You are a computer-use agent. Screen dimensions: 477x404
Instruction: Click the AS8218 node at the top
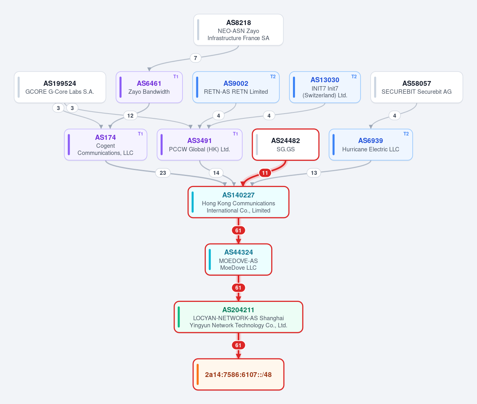pos(238,30)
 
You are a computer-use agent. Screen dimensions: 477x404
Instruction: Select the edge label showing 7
pos(196,58)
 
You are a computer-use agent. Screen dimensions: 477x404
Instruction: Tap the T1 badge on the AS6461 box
pos(176,77)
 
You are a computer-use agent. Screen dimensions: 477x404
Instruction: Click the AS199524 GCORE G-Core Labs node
pos(60,87)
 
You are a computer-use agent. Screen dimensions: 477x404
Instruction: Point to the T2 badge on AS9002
pos(273,77)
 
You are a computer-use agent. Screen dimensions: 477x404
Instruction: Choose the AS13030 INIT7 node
pos(325,87)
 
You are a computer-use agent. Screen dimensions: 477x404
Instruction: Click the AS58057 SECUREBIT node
pos(417,87)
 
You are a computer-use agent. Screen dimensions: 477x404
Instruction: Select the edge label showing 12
pos(130,116)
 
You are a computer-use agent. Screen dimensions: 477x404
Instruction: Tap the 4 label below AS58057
pos(395,116)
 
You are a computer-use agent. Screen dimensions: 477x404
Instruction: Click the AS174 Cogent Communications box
pos(106,145)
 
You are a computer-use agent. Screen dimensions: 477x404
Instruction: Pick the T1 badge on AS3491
pos(235,134)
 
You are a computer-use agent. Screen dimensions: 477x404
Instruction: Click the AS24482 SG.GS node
pos(286,145)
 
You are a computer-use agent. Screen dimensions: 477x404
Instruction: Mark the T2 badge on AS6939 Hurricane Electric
pos(406,134)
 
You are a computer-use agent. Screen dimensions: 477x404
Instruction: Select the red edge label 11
pos(265,173)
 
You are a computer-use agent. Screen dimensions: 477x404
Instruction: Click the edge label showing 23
pos(163,173)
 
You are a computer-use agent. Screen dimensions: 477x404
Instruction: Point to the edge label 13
pos(314,173)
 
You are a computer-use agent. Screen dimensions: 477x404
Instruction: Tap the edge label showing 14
pos(216,173)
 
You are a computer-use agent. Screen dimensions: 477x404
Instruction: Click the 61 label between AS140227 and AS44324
pos(238,230)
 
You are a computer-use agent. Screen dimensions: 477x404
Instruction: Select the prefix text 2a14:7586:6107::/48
pos(238,375)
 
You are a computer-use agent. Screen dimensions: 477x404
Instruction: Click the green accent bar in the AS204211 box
pos(179,317)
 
